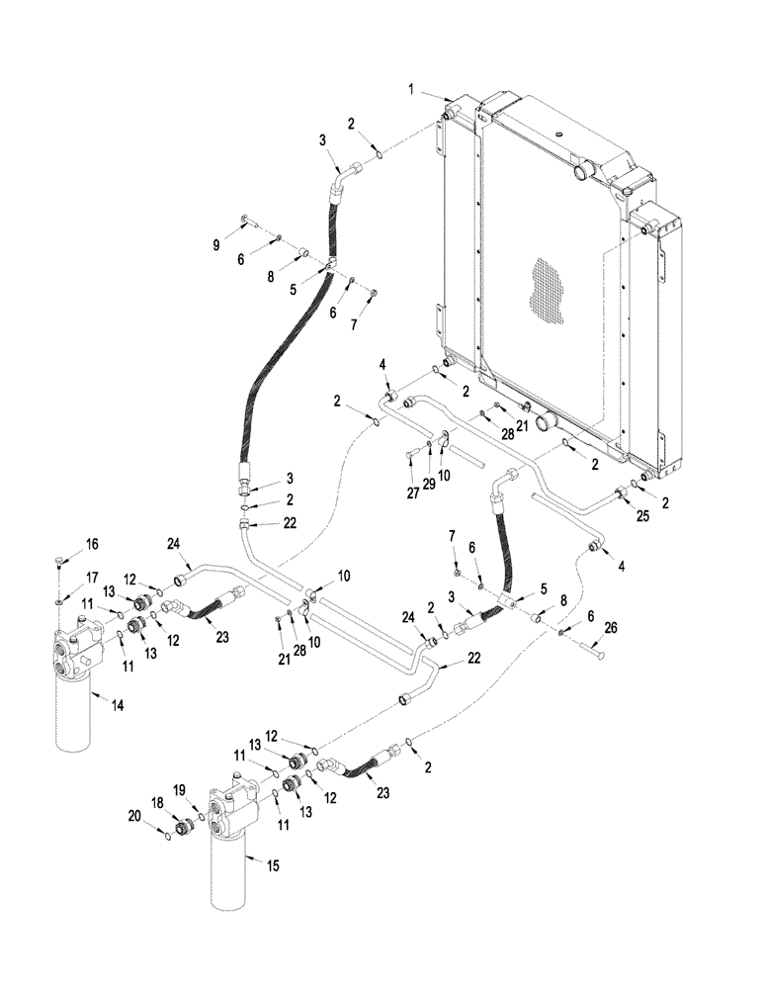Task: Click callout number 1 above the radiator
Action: click(x=409, y=90)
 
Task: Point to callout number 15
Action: click(x=273, y=865)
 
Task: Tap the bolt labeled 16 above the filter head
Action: click(x=59, y=563)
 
